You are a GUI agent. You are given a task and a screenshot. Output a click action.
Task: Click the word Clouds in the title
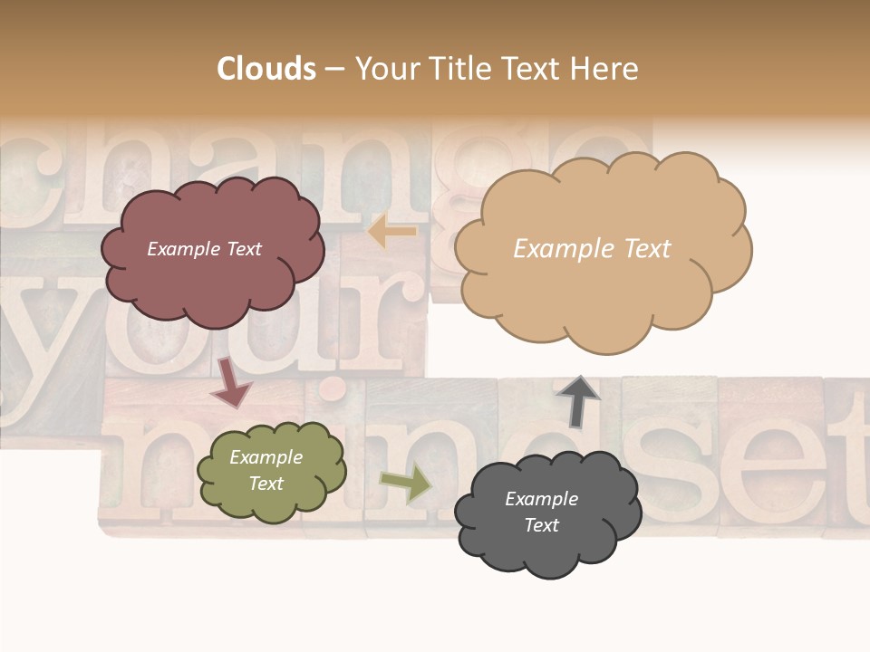point(266,69)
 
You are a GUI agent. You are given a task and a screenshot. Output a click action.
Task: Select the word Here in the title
point(605,69)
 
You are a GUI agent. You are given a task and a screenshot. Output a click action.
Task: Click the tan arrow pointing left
point(391,233)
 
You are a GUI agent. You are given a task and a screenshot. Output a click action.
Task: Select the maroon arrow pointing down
point(231,382)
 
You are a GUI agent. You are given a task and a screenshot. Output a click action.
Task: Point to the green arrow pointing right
point(405,484)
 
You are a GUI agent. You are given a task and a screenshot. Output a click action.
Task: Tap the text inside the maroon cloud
point(204,249)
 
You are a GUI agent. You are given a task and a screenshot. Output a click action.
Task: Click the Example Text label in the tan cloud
point(592,249)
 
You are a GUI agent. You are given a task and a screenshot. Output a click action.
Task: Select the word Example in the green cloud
point(266,457)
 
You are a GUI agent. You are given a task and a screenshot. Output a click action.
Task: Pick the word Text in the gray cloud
point(541,525)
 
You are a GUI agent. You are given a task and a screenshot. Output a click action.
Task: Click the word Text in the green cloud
point(266,484)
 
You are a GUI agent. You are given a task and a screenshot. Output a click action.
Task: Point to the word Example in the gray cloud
point(541,499)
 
